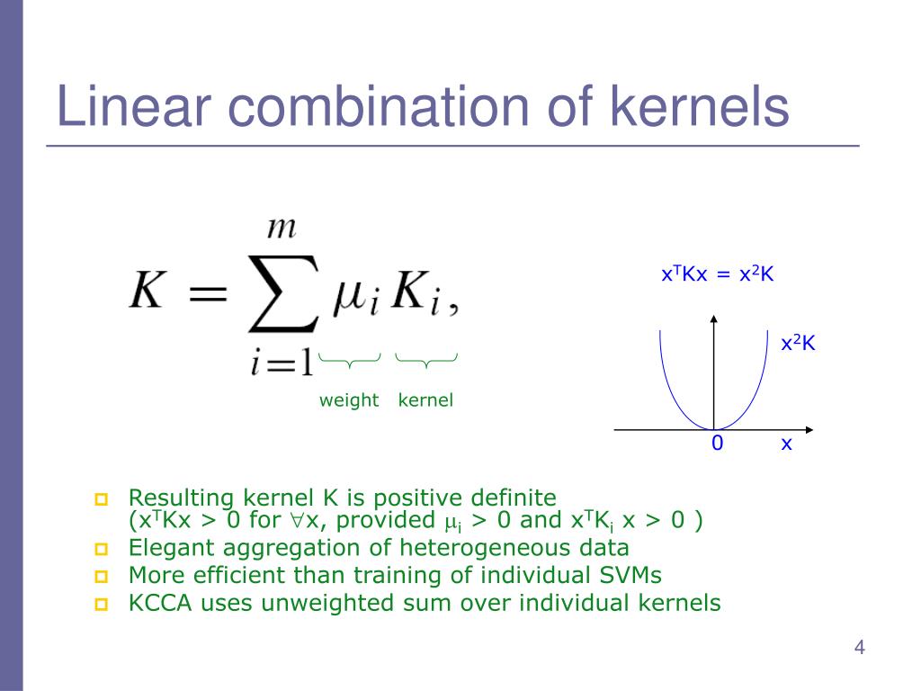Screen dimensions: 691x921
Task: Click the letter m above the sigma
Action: coord(282,227)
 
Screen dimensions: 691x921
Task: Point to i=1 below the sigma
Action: coord(282,363)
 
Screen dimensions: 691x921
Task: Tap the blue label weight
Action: coord(349,400)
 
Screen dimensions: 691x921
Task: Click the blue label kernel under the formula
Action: coord(425,400)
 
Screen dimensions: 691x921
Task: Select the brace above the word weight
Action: coord(350,362)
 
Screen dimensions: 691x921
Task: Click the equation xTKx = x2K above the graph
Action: coord(717,274)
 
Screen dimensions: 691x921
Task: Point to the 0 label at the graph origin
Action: coord(717,443)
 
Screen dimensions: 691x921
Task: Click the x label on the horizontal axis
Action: coord(786,443)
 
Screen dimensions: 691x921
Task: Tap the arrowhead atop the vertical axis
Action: coord(714,319)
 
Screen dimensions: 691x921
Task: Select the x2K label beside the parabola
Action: coord(798,343)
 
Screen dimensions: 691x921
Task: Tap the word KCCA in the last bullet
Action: coord(159,603)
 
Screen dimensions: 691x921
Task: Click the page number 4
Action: coord(859,648)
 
